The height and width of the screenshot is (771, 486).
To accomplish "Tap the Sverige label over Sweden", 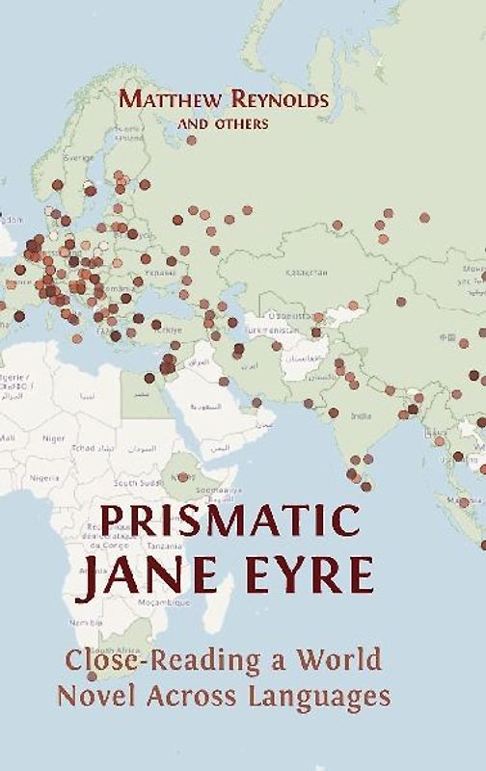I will pyautogui.click(x=78, y=157).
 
